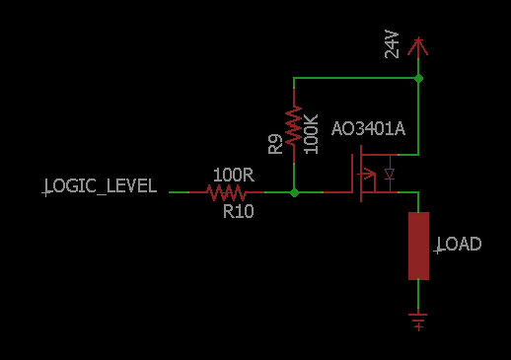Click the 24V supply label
(x=392, y=44)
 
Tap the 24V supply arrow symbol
(x=418, y=47)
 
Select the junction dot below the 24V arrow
(x=418, y=78)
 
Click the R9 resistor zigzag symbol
(x=294, y=125)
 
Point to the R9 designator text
(x=275, y=144)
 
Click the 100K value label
(x=311, y=134)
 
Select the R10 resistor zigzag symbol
(x=227, y=192)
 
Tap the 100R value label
(x=234, y=175)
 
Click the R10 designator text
(x=239, y=211)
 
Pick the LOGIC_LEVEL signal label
(x=100, y=186)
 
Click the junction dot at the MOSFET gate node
(x=294, y=192)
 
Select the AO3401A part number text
(x=368, y=128)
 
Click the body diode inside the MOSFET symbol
(x=390, y=174)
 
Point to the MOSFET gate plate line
(x=352, y=173)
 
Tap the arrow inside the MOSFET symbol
(x=368, y=174)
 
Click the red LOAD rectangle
(x=418, y=246)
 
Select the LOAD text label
(x=458, y=245)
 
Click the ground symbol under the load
(x=418, y=320)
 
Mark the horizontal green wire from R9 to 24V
(x=356, y=78)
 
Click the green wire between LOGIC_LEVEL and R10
(x=179, y=192)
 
